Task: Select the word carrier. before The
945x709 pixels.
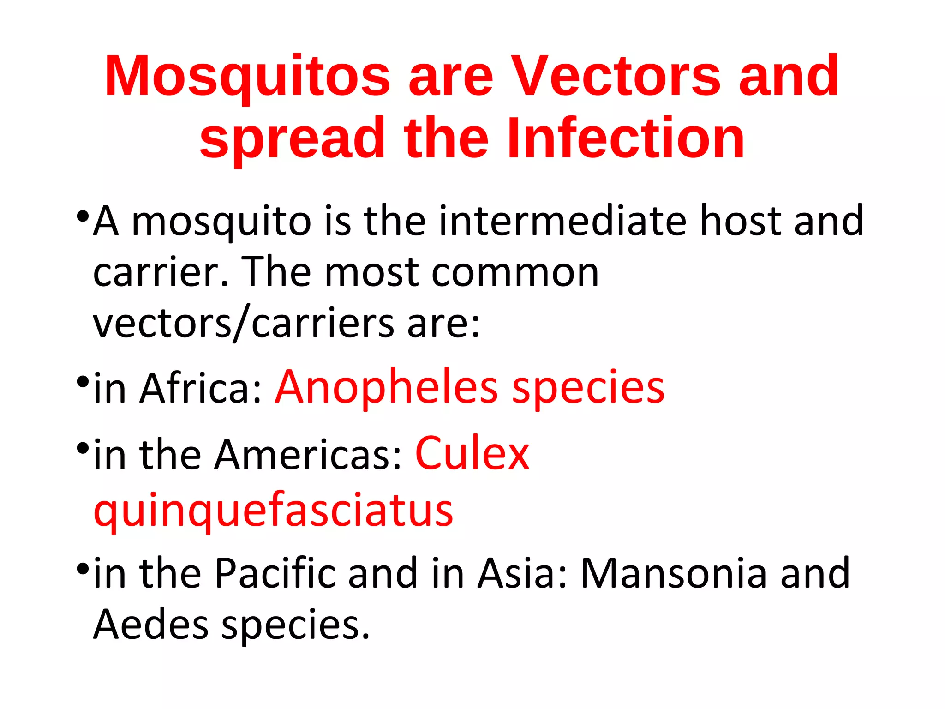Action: click(161, 272)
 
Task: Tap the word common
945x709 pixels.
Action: click(515, 272)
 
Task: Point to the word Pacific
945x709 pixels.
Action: click(275, 573)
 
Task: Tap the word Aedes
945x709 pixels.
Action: click(151, 625)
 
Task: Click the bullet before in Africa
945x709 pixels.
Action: click(83, 382)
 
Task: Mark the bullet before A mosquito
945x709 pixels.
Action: click(83, 216)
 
